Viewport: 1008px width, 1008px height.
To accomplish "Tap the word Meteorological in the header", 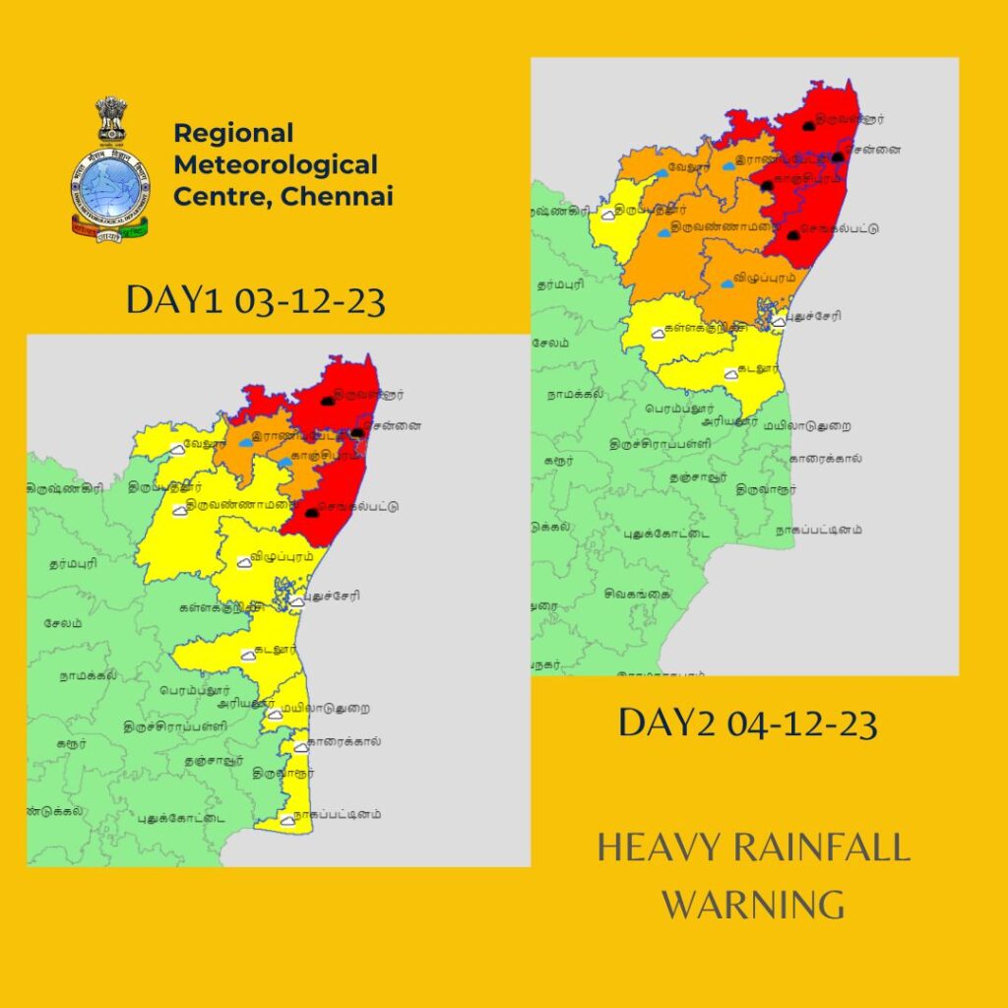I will point(275,164).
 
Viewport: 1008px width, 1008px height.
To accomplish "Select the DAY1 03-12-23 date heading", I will point(255,301).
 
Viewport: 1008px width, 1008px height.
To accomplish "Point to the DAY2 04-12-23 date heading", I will point(747,724).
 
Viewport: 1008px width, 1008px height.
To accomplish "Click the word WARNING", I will point(752,903).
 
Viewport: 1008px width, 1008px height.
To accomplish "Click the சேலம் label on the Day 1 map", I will point(63,624).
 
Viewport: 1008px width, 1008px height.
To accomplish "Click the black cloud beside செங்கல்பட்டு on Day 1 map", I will point(312,513).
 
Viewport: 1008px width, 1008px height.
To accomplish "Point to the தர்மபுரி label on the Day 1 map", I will point(72,566).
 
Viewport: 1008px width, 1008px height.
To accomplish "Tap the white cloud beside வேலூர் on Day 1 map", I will point(177,449).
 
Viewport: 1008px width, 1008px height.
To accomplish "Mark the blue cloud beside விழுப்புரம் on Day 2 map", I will point(726,283).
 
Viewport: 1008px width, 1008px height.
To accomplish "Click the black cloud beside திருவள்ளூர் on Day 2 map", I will point(808,126).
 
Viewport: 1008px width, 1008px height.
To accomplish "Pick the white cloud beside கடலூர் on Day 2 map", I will point(730,374).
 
